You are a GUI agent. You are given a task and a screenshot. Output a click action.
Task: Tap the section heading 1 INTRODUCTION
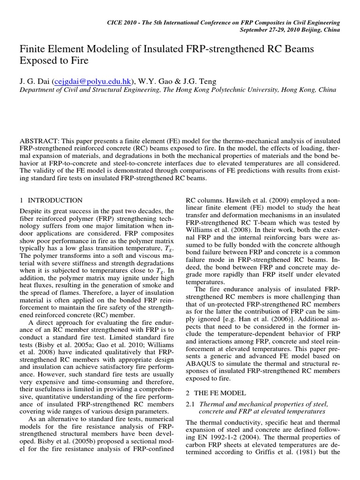[52, 200]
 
